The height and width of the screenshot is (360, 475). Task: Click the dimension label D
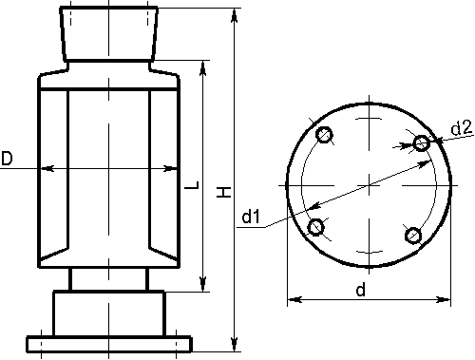click(x=7, y=159)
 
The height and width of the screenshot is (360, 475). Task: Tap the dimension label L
click(x=192, y=185)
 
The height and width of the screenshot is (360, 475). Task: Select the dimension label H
click(x=224, y=192)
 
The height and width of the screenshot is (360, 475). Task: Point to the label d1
click(x=251, y=217)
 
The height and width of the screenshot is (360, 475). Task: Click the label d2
click(x=462, y=128)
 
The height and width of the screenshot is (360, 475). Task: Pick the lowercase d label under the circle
click(x=361, y=290)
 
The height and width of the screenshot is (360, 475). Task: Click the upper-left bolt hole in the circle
click(x=324, y=135)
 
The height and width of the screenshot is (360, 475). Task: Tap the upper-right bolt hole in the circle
click(x=422, y=143)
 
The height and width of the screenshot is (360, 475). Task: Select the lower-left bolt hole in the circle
click(x=316, y=227)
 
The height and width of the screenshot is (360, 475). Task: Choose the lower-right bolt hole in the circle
click(x=413, y=236)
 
